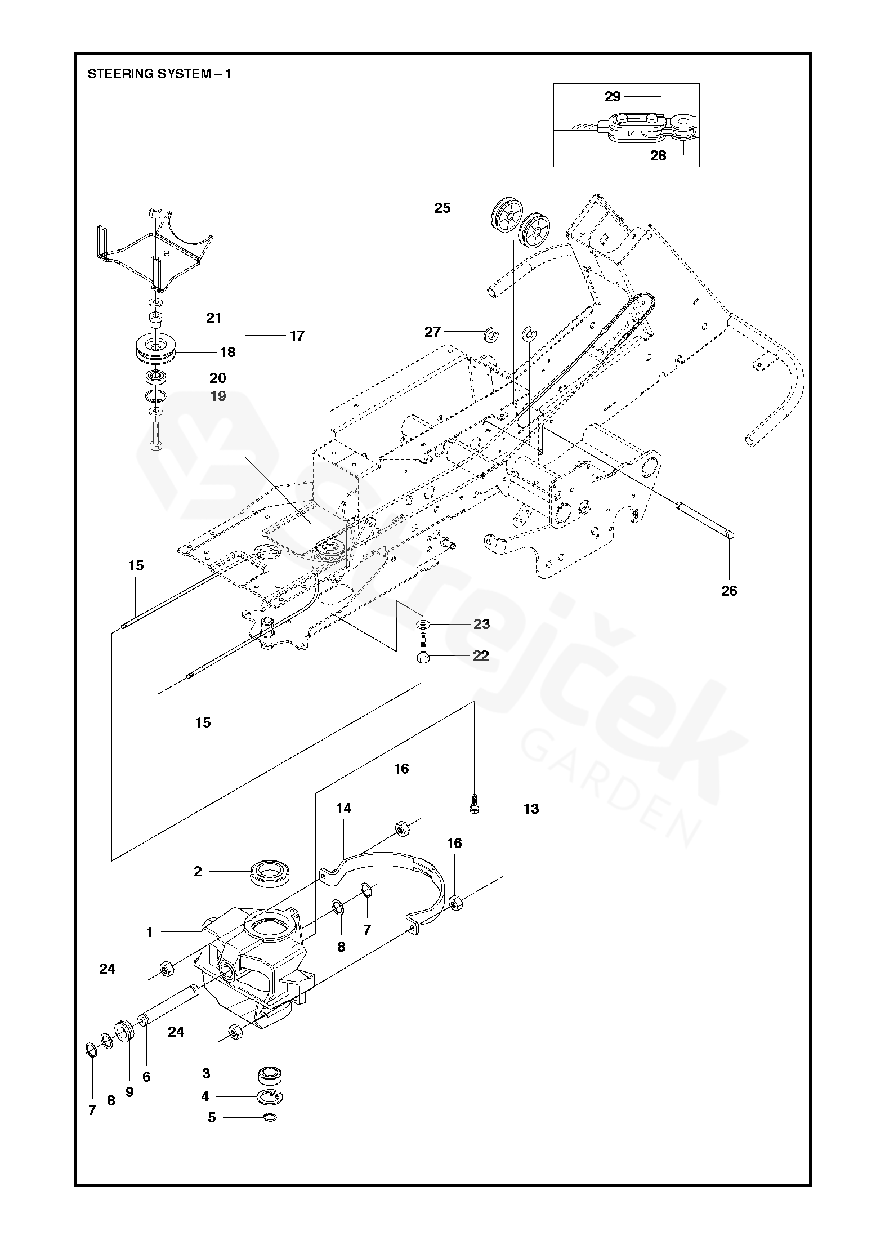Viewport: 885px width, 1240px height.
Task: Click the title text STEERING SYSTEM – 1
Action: (159, 74)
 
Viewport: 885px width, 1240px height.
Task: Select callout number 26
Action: (728, 591)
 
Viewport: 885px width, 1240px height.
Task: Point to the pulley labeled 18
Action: (157, 350)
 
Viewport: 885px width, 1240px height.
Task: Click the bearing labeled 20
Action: (155, 376)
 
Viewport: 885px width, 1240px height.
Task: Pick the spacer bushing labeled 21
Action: (156, 319)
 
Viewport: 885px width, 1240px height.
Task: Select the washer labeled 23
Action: (422, 624)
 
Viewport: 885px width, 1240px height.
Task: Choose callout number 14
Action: (343, 809)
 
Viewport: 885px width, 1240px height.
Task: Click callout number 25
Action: (442, 208)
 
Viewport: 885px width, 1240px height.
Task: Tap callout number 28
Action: (658, 155)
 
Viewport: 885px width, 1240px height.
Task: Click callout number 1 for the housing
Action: (150, 933)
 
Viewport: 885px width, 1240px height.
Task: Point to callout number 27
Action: (432, 332)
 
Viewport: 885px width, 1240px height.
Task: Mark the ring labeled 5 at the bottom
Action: (270, 1133)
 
